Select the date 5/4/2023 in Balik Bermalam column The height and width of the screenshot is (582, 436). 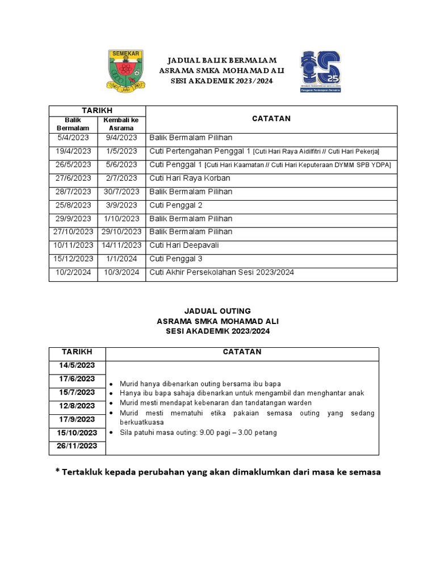click(73, 138)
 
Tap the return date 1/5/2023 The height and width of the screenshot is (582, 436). click(121, 151)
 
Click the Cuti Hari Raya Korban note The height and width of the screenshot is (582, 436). click(190, 178)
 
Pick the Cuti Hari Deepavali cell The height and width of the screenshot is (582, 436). click(184, 245)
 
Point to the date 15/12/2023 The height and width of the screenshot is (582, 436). click(73, 259)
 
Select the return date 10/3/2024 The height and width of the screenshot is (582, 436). click(121, 272)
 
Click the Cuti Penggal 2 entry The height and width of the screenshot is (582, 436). click(176, 205)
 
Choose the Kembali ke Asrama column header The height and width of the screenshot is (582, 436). click(121, 124)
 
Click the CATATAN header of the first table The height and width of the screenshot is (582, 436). click(271, 119)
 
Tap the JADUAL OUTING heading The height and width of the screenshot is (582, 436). click(217, 311)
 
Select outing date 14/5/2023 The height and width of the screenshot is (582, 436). click(77, 365)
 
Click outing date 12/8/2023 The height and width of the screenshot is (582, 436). click(77, 406)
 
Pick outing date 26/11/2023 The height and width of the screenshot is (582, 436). click(77, 446)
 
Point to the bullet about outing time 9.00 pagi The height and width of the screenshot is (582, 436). click(198, 433)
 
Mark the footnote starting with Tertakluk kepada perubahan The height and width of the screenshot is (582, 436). click(217, 472)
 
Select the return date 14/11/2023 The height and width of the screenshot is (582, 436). click(121, 245)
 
